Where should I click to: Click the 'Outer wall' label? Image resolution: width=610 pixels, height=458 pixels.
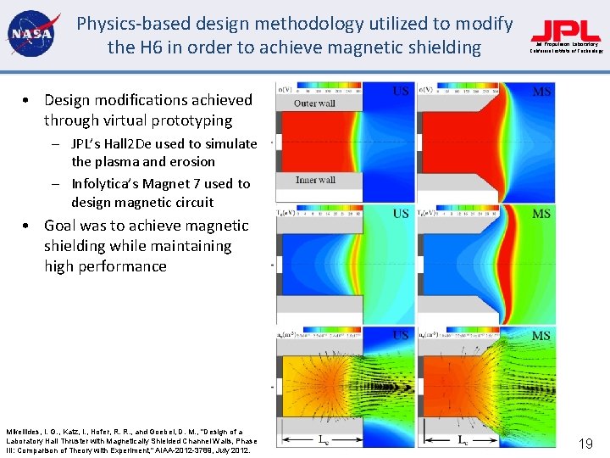(x=314, y=103)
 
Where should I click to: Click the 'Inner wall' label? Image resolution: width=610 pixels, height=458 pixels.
(x=315, y=180)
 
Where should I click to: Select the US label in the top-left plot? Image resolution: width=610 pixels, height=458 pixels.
(x=401, y=92)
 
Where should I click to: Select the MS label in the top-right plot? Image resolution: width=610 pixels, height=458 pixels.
(x=541, y=92)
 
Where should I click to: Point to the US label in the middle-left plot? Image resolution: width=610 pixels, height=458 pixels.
(x=401, y=214)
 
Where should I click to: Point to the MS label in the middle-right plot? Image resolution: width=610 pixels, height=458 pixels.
(x=541, y=214)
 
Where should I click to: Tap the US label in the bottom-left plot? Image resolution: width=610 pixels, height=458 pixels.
(x=401, y=336)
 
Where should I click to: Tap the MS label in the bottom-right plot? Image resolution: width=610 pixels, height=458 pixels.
(x=541, y=336)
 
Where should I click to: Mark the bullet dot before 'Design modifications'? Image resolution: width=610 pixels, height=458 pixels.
(x=28, y=101)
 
